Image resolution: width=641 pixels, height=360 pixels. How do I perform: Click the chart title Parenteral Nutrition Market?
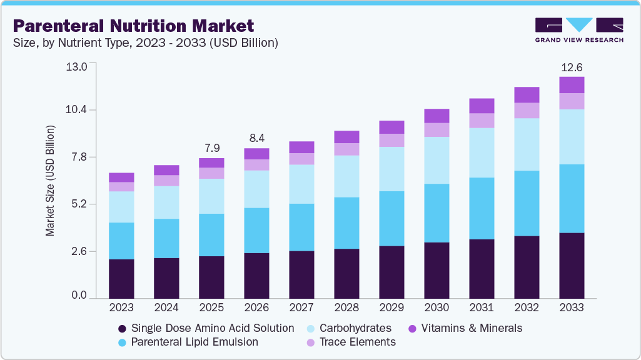(134, 26)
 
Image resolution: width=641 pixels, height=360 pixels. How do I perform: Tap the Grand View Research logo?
(579, 30)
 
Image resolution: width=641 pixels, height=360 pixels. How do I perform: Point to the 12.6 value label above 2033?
(572, 67)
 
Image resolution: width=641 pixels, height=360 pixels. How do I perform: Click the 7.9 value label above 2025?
(211, 148)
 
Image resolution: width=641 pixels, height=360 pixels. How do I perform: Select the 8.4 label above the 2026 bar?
(256, 138)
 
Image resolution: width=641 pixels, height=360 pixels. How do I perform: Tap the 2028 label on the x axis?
(346, 307)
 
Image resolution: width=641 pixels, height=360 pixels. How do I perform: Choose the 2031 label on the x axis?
(482, 307)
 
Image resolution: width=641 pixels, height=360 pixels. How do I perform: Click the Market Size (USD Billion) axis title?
(50, 181)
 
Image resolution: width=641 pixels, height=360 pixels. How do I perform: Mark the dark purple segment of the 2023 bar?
(121, 279)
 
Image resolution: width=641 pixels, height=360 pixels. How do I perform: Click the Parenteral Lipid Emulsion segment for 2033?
(572, 199)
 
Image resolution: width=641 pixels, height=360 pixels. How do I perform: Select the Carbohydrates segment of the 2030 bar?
(437, 160)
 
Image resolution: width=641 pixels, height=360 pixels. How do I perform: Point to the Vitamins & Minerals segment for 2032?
(527, 95)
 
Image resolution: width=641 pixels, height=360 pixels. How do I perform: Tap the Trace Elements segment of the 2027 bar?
(301, 159)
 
